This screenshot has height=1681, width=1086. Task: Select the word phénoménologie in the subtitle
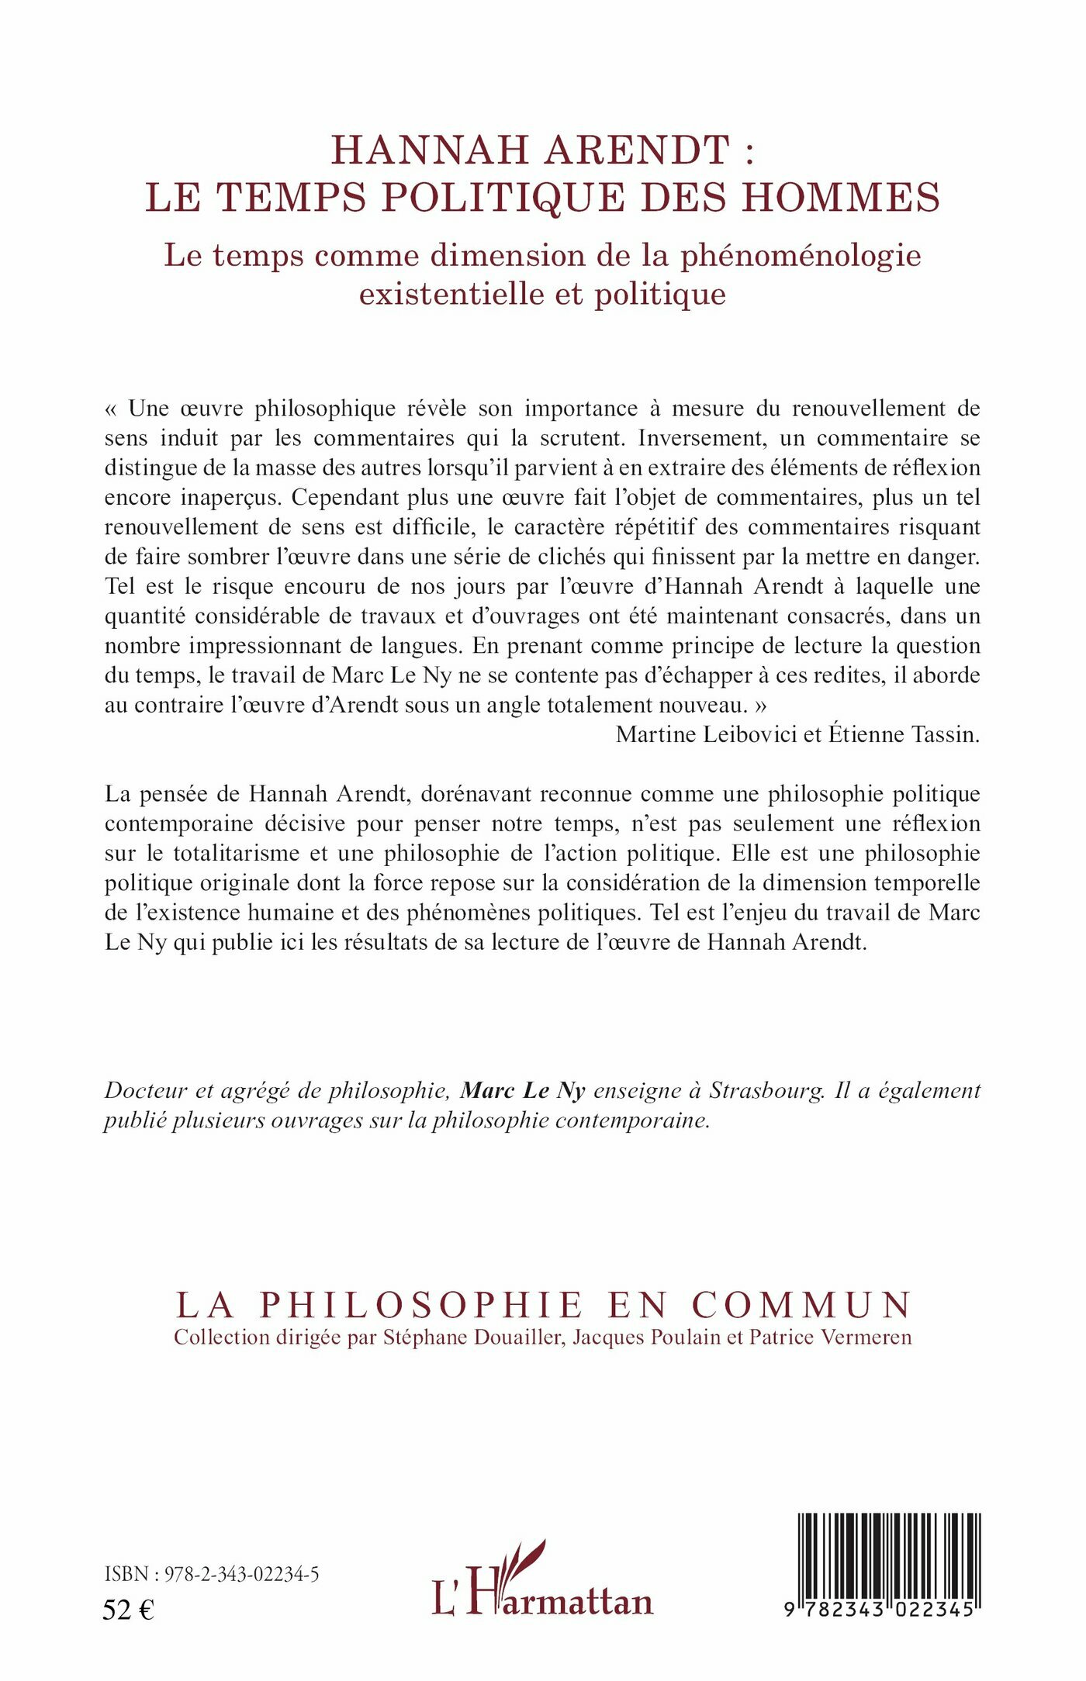801,256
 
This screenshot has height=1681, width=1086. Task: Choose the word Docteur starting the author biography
146,1090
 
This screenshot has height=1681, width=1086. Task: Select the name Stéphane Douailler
472,1338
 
